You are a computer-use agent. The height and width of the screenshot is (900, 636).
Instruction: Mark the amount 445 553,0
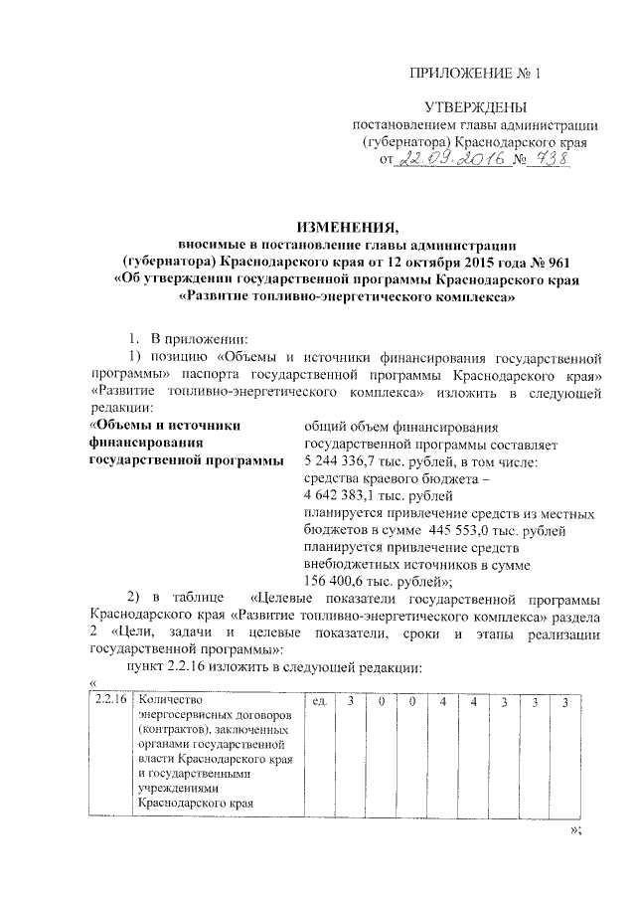(468, 531)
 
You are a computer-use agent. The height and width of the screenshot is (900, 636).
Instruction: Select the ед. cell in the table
(320, 702)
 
